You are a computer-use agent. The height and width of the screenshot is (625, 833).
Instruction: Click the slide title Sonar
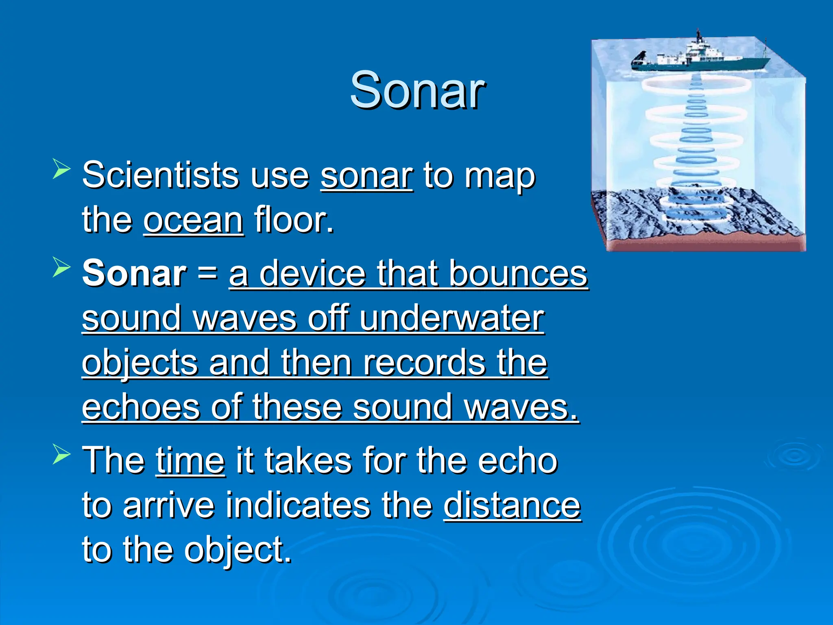point(417,90)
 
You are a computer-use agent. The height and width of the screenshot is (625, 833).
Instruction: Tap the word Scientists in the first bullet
point(160,175)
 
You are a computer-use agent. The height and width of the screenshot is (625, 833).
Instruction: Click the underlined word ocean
point(194,220)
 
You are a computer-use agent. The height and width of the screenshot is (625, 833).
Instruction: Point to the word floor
point(293,220)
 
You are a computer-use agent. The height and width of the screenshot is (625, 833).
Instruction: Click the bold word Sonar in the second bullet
point(134,273)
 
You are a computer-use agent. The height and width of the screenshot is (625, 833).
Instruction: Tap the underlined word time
point(190,461)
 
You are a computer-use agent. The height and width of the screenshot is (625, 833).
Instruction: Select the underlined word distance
point(512,505)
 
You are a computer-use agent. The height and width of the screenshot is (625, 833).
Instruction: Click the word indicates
point(298,505)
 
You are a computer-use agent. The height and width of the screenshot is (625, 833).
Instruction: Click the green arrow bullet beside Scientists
point(61,170)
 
